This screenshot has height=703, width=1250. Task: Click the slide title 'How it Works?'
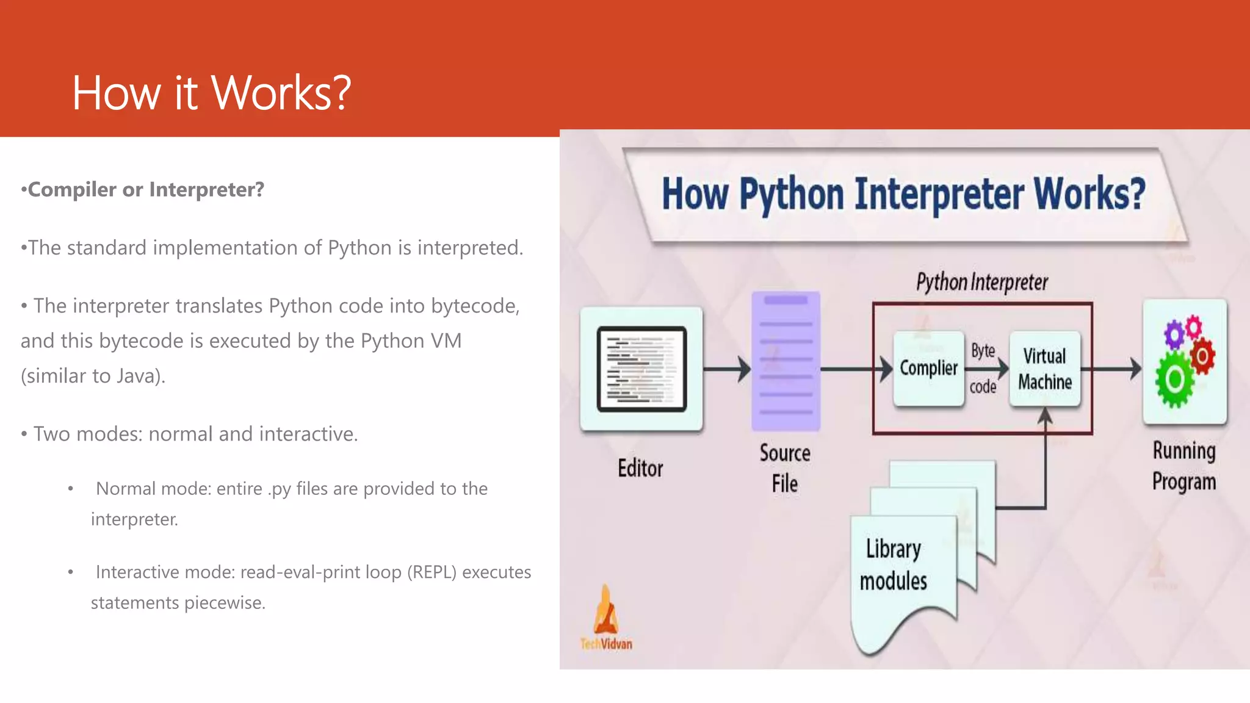click(x=211, y=93)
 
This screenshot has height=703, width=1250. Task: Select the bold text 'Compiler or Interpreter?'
click(x=146, y=190)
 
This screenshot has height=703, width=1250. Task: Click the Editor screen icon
click(x=641, y=369)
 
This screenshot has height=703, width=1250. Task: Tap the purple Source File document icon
click(x=786, y=361)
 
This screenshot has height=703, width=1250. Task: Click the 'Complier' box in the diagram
click(x=928, y=369)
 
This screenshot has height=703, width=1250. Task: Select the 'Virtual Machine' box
click(x=1044, y=369)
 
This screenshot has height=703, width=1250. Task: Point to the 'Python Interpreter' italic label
click(x=981, y=283)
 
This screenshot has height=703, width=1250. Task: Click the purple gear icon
click(x=1174, y=334)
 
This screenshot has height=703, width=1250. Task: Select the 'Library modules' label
click(x=893, y=564)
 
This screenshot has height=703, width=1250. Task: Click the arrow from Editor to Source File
click(x=726, y=369)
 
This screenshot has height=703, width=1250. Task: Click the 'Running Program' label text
click(x=1183, y=466)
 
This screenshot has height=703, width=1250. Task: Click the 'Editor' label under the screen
click(x=640, y=469)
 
